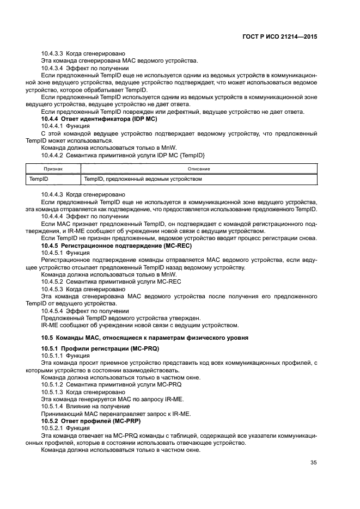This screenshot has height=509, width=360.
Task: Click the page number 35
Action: coord(313,463)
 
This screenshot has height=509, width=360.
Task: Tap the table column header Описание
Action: coord(199,169)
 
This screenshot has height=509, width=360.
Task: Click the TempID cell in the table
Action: coord(39,179)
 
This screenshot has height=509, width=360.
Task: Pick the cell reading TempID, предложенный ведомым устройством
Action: coord(143,179)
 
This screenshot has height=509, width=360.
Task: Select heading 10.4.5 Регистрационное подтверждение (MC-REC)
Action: coord(117,246)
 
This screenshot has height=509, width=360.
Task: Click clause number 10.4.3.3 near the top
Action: coord(53,53)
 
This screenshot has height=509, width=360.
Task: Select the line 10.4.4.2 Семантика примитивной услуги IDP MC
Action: coord(123,155)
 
